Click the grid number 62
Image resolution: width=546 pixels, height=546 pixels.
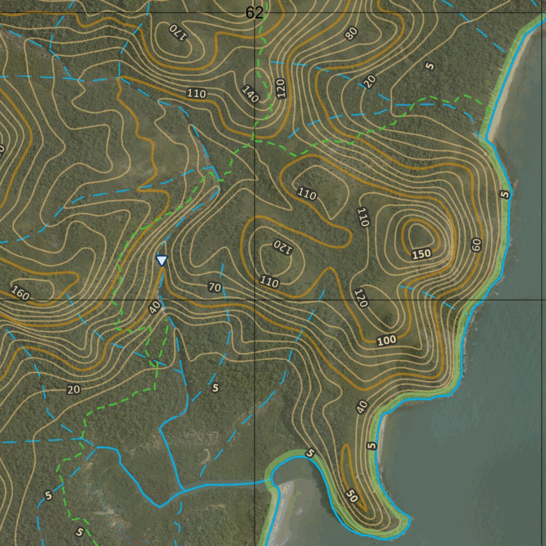click(254, 13)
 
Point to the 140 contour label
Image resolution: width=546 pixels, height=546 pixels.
click(250, 94)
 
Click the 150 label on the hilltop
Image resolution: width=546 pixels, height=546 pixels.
click(421, 254)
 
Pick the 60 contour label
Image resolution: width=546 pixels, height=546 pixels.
click(476, 245)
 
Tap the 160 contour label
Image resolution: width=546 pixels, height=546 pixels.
click(20, 293)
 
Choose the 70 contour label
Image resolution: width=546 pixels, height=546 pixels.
click(214, 288)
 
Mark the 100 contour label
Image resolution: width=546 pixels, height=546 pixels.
click(387, 340)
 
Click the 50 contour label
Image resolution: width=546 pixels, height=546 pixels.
click(351, 495)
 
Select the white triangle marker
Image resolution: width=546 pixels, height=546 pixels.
click(162, 260)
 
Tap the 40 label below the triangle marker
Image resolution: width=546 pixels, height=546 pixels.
click(155, 308)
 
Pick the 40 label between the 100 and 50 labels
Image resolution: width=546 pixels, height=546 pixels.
click(362, 407)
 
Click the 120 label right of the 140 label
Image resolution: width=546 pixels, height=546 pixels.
click(281, 88)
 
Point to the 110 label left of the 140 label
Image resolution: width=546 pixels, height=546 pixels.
click(196, 94)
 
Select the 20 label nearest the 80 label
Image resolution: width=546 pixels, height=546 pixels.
click(370, 81)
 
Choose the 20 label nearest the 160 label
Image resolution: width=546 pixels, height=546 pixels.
click(74, 390)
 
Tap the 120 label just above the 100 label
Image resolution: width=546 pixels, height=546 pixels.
click(361, 298)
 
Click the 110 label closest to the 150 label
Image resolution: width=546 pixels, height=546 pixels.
click(363, 217)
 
